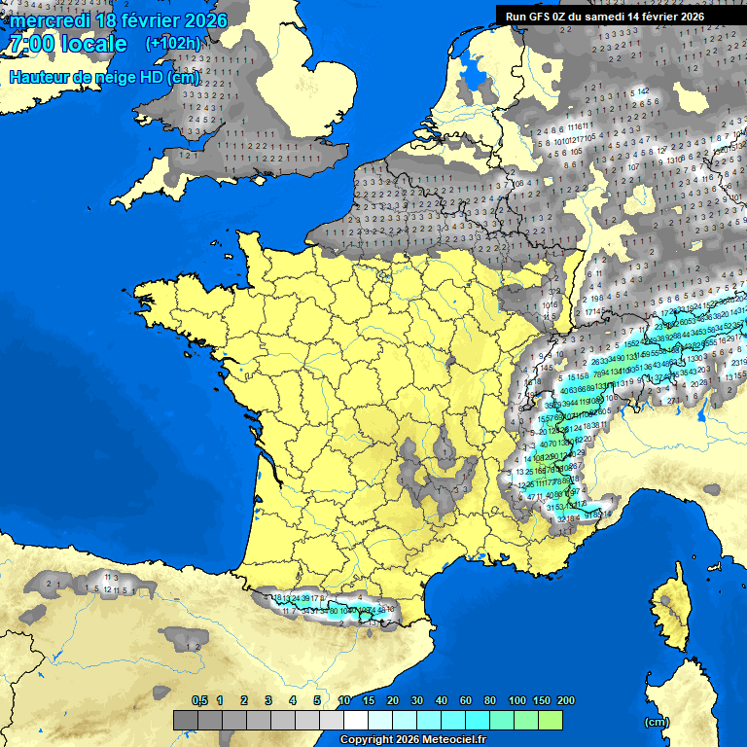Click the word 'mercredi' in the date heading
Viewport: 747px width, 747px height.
(x=50, y=20)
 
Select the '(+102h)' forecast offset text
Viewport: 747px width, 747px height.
(x=172, y=43)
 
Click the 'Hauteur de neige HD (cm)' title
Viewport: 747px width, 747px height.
(x=104, y=78)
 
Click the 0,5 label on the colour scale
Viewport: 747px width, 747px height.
(x=199, y=700)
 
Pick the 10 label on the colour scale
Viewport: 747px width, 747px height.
(x=344, y=700)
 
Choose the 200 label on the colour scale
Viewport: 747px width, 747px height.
(x=565, y=700)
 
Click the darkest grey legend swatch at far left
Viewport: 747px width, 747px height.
(x=186, y=720)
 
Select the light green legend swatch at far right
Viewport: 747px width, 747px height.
(x=550, y=720)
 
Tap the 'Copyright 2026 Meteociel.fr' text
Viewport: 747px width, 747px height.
(x=412, y=739)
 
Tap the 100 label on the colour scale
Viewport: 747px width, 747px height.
(x=517, y=700)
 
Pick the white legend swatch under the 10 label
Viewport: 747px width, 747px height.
(x=355, y=720)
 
